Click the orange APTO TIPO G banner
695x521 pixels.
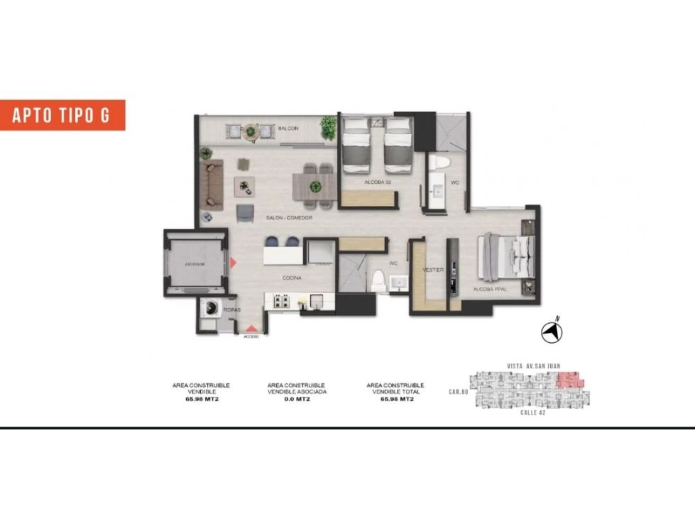[62, 115]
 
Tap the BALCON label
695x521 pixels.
[288, 128]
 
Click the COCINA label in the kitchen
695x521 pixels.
[292, 278]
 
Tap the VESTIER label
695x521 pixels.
[433, 270]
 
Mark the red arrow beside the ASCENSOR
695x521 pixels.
[233, 263]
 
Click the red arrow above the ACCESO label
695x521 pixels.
[251, 329]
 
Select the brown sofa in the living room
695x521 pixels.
[212, 184]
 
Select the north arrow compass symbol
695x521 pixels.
[552, 331]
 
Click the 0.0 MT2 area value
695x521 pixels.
[297, 399]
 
